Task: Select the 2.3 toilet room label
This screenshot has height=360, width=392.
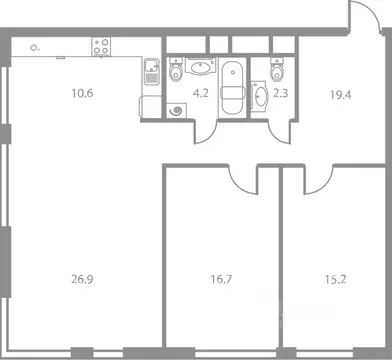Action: tap(281, 96)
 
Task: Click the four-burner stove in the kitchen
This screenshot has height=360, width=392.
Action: tap(101, 46)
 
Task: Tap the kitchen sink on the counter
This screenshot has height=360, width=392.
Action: tap(148, 72)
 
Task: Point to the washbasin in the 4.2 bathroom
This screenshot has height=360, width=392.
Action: tap(199, 67)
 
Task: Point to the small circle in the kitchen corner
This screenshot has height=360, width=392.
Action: tap(36, 46)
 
